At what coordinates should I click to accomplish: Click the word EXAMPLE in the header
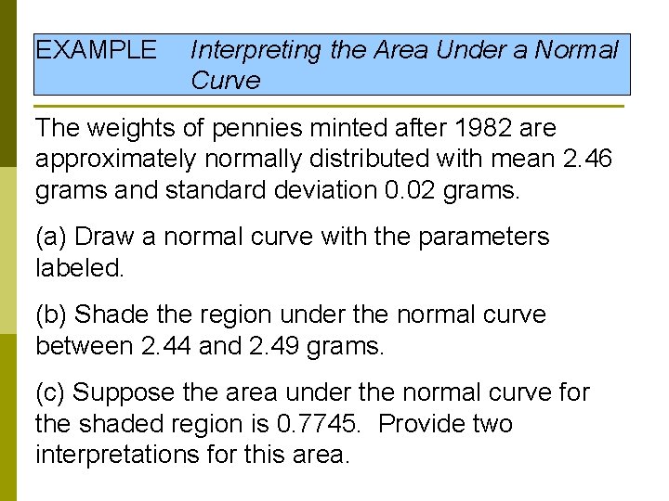tap(96, 50)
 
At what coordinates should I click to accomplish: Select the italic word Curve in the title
tap(226, 81)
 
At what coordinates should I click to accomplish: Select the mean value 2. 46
tap(587, 159)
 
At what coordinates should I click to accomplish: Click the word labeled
tap(78, 268)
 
